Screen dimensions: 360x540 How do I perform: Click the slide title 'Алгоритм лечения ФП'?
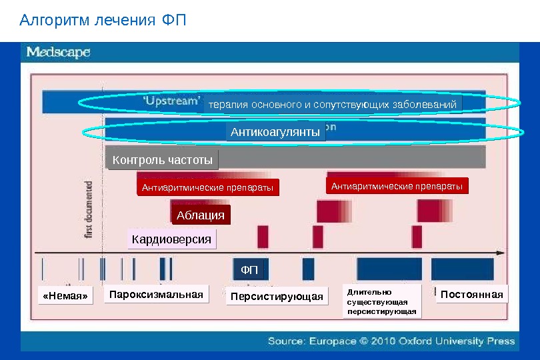click(x=103, y=21)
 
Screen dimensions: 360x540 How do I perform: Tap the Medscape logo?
click(x=58, y=53)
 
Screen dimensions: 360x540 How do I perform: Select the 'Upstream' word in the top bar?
click(x=172, y=101)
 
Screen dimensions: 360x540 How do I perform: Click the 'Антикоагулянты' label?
click(x=275, y=133)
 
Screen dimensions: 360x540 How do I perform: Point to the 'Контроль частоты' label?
click(x=162, y=160)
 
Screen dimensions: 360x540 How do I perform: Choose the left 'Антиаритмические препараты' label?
click(x=207, y=189)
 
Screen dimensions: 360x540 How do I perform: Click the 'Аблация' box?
click(x=200, y=215)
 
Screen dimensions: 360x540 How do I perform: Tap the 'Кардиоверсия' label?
click(x=171, y=239)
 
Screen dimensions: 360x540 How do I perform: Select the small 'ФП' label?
click(x=249, y=269)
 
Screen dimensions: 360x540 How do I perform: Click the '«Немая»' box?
click(x=65, y=297)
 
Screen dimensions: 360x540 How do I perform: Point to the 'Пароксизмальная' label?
click(x=156, y=294)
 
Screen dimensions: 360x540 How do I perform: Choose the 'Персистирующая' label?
click(x=276, y=297)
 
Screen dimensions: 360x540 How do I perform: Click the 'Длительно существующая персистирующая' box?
click(x=382, y=301)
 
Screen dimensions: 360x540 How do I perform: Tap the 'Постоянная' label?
click(x=471, y=294)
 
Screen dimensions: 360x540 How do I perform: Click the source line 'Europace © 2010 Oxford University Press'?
click(x=391, y=341)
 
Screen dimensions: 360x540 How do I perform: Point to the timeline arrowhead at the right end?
click(x=500, y=252)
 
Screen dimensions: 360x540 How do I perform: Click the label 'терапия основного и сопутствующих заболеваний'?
click(x=333, y=105)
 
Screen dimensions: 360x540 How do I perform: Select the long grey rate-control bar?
click(x=353, y=158)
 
